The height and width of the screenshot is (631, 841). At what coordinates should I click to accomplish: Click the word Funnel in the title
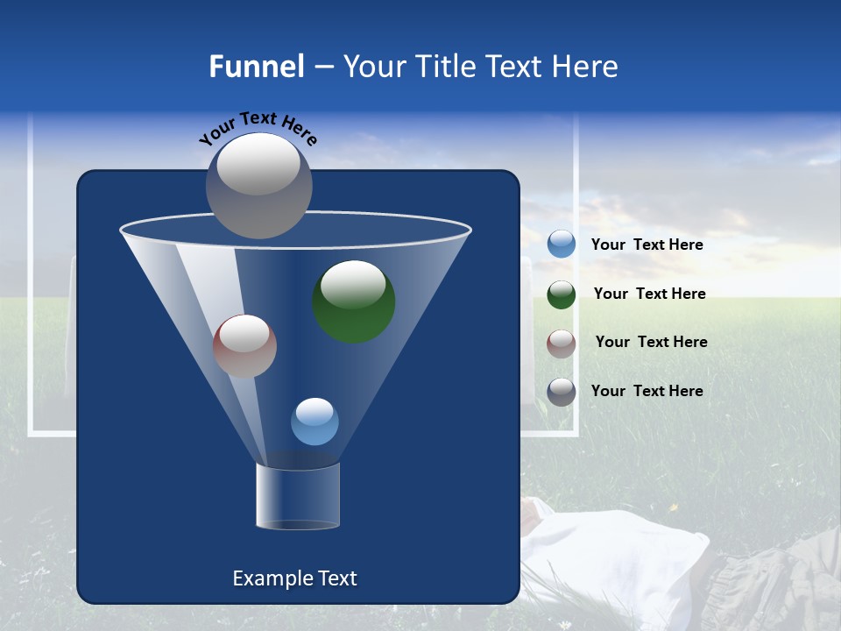(x=257, y=67)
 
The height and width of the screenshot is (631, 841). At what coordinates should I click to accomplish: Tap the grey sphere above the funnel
(x=259, y=185)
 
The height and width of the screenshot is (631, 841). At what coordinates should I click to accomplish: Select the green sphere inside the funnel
(x=354, y=301)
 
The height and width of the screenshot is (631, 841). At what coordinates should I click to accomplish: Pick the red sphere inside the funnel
(x=244, y=346)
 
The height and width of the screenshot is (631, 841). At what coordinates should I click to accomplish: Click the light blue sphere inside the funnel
(x=314, y=422)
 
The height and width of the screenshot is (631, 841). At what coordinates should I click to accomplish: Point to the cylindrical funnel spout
(x=298, y=496)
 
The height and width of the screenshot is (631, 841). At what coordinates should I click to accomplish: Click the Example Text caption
(x=294, y=578)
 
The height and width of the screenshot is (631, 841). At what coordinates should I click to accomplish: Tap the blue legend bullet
(x=562, y=245)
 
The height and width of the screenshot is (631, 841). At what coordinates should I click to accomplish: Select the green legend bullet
(x=562, y=294)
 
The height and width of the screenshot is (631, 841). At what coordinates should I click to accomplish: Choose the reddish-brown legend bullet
(x=562, y=344)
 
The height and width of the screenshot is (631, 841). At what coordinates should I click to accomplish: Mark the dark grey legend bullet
(x=562, y=392)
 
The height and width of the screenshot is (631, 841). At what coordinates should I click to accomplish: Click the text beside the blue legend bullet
(x=647, y=245)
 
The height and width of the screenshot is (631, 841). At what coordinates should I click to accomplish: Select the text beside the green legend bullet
(x=649, y=294)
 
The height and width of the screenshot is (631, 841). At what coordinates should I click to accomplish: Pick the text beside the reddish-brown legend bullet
(x=651, y=342)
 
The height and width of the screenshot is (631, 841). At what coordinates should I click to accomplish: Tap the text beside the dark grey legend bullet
(x=647, y=391)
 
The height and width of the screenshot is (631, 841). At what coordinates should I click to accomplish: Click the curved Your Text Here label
(x=258, y=128)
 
